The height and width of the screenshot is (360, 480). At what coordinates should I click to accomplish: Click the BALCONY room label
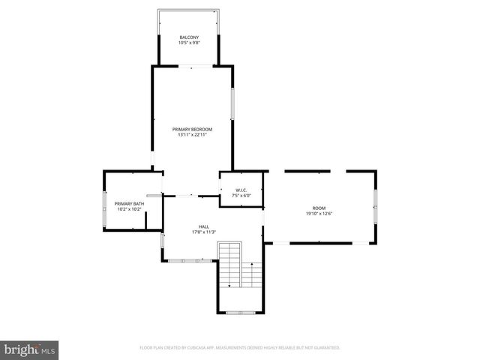(x=188, y=37)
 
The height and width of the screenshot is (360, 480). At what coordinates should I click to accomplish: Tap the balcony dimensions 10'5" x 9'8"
(x=188, y=43)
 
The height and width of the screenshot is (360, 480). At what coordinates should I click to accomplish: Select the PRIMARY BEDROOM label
(x=192, y=129)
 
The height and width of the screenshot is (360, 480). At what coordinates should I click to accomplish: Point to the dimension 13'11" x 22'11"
(x=192, y=135)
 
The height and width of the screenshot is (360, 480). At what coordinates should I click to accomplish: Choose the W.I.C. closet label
(x=241, y=190)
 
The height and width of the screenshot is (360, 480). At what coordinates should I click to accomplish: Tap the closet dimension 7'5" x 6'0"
(x=241, y=195)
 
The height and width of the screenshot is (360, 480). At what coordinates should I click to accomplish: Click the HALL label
(x=203, y=226)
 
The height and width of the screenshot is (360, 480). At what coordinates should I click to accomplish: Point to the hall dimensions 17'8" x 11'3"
(x=203, y=231)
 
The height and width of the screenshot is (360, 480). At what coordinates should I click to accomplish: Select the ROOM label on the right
(x=319, y=208)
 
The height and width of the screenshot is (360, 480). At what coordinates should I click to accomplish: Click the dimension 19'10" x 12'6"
(x=319, y=214)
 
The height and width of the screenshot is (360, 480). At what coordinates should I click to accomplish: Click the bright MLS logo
(x=29, y=349)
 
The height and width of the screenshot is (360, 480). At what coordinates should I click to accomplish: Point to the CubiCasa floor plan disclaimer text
(x=240, y=348)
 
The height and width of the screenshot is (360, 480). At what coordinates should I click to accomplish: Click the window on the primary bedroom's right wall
(x=232, y=103)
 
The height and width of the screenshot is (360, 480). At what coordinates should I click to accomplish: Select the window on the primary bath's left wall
(x=104, y=207)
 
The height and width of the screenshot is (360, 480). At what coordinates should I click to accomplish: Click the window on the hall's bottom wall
(x=184, y=260)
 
